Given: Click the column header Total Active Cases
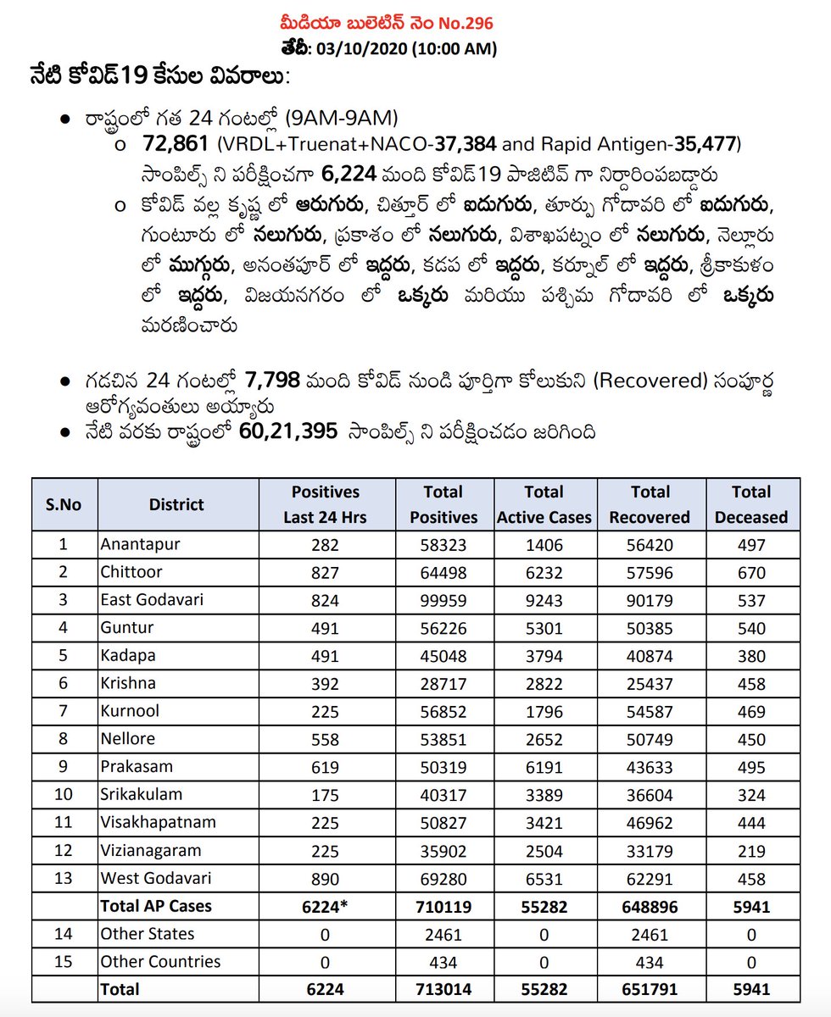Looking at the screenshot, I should coord(544,504).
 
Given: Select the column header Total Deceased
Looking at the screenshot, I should coord(750,504).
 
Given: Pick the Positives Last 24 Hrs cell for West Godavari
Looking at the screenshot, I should coord(325,880).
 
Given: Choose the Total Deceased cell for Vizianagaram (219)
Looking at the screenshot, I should coord(750,852).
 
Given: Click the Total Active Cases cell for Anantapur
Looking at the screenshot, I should coord(544,544).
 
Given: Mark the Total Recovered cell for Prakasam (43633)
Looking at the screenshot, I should coord(649,768).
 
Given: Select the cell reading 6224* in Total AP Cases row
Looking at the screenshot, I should coord(325,907).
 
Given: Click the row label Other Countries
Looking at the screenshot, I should coord(159,962).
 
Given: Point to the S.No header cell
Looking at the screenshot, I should coord(64,504).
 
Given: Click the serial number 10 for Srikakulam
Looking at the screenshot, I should coord(64,795).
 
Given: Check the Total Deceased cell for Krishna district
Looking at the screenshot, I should coord(750,684).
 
